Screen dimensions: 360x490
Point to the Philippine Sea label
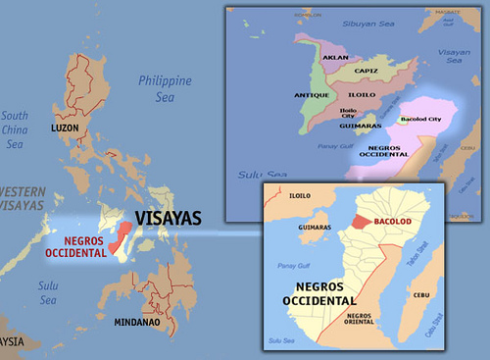(x=166, y=87)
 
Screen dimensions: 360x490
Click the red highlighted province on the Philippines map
(x=122, y=239)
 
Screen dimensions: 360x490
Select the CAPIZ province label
(x=367, y=71)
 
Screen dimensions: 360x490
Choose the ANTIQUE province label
(x=311, y=95)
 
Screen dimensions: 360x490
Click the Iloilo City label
(x=351, y=116)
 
